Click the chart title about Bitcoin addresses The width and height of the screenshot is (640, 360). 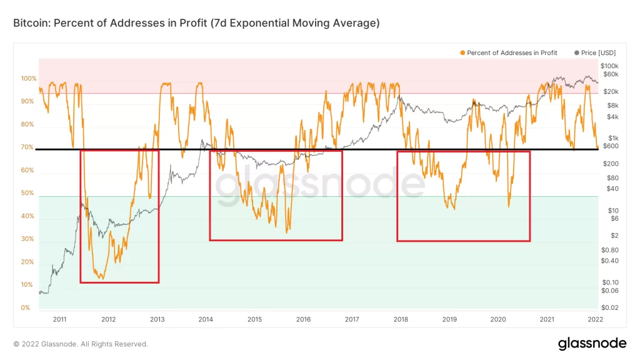click(196, 23)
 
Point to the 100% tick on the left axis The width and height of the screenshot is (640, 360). click(29, 79)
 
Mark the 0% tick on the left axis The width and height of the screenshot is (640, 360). click(26, 308)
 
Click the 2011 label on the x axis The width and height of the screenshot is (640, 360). click(59, 319)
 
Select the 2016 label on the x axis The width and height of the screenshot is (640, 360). click(303, 319)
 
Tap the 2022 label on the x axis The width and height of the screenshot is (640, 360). click(596, 319)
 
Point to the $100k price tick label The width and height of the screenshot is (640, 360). click(609, 66)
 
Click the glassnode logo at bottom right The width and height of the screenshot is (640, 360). click(591, 343)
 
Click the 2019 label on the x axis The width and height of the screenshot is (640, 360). click(449, 319)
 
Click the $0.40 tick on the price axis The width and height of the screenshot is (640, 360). click(609, 261)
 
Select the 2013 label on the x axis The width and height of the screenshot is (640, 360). click(157, 319)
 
